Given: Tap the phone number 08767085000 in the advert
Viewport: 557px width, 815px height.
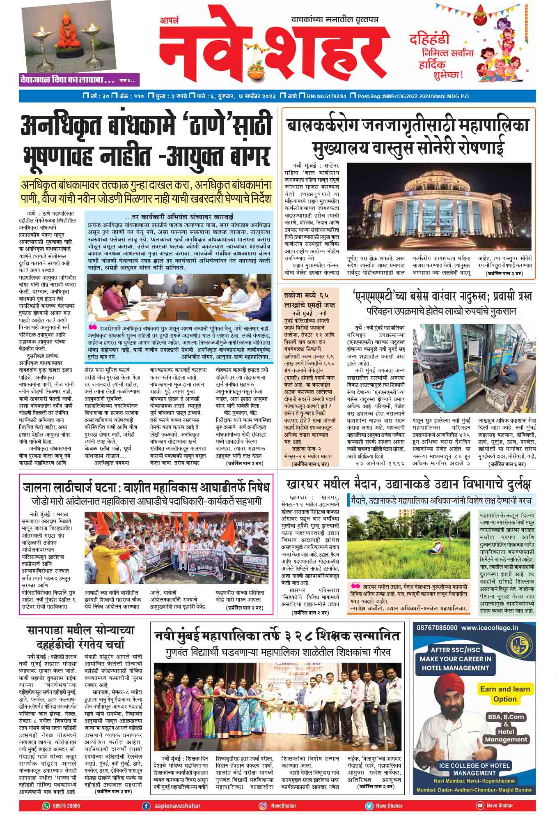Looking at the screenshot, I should click(x=436, y=628).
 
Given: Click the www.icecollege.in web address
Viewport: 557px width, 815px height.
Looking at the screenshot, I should click(x=489, y=628).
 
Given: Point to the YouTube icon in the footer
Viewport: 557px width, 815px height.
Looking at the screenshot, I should click(x=479, y=806).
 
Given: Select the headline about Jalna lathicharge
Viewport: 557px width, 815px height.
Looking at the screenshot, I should click(x=146, y=488).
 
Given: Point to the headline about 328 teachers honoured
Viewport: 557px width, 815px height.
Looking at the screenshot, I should click(x=277, y=636).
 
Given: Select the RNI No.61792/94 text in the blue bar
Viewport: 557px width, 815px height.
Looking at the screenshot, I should click(x=326, y=96).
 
